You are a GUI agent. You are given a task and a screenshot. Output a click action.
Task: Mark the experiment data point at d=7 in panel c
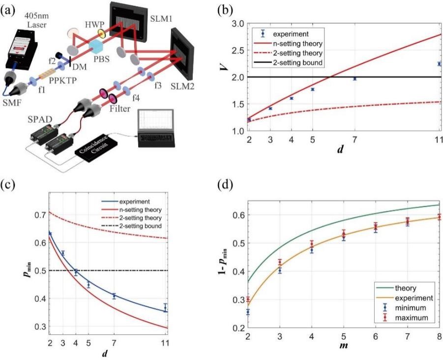click(114, 296)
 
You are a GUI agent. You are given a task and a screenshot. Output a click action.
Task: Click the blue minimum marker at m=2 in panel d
click(248, 312)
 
